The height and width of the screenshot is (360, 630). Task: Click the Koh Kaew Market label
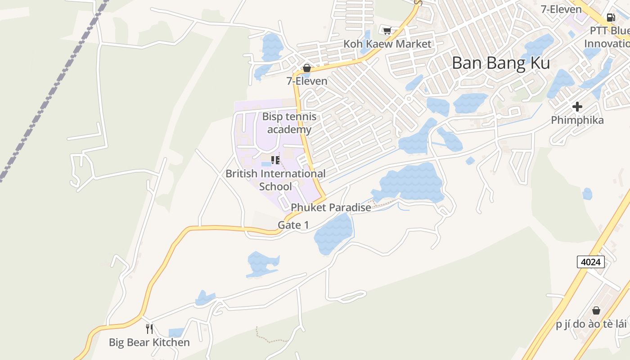387,44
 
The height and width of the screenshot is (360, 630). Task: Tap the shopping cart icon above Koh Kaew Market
387,31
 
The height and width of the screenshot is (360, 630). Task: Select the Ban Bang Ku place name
500,63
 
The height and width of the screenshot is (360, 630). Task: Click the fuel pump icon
611,18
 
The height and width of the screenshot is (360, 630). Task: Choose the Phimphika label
577,120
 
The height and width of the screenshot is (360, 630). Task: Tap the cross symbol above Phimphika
577,107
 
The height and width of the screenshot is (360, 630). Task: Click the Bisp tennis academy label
289,123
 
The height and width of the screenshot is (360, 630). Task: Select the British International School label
275,180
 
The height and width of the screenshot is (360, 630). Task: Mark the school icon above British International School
275,160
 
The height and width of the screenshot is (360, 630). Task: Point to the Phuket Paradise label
331,207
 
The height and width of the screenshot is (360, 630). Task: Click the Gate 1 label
293,225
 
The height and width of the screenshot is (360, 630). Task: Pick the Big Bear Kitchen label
149,342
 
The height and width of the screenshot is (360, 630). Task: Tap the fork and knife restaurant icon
149,328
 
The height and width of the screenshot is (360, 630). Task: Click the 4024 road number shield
590,262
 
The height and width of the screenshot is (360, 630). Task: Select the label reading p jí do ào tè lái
591,324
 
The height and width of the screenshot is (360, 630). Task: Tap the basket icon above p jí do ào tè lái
596,310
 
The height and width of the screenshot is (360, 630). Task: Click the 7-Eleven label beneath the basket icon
307,81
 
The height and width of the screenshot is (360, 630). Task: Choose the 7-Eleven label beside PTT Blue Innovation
561,9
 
